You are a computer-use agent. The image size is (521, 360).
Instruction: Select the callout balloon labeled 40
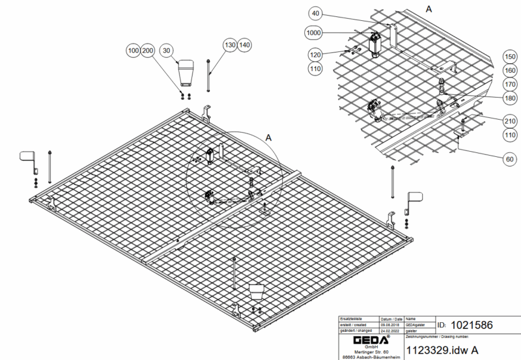coord(316,14)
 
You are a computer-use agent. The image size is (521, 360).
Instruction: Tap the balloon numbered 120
coord(316,54)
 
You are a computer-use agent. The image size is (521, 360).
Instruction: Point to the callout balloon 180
coord(510,98)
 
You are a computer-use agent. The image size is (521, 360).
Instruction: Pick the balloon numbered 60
coord(510,158)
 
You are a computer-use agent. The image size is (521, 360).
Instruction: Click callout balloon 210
coord(510,121)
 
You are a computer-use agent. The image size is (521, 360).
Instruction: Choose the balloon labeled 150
coord(510,57)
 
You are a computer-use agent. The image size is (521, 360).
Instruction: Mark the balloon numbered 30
coord(167,50)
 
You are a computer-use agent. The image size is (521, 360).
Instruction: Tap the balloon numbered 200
coord(148,50)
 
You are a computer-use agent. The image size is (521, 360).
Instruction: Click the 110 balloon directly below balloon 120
coord(316,68)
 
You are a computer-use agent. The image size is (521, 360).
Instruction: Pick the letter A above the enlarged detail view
coord(428,8)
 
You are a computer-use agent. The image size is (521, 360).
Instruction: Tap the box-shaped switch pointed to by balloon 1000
coord(376,45)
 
